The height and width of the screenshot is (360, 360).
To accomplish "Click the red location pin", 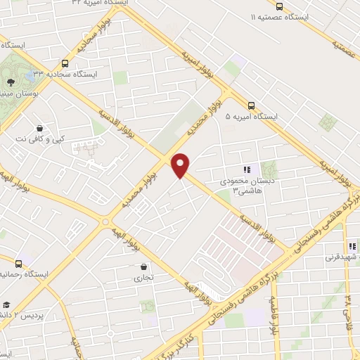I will click(x=181, y=164).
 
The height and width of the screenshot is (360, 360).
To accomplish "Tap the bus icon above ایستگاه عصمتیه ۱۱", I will click(x=280, y=6).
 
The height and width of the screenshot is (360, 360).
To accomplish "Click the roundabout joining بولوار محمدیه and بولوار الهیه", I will click(x=105, y=221).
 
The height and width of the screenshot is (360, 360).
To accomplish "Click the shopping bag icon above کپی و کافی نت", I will click(x=40, y=129).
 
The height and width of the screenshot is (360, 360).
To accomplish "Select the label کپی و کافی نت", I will click(x=41, y=139).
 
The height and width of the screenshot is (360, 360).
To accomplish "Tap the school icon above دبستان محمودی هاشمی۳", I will click(x=246, y=169).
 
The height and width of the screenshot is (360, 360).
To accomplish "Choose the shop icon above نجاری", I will click(x=143, y=267).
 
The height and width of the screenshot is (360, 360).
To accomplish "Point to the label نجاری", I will click(x=143, y=278).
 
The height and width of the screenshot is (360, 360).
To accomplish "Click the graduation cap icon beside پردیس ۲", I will click(x=6, y=304).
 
